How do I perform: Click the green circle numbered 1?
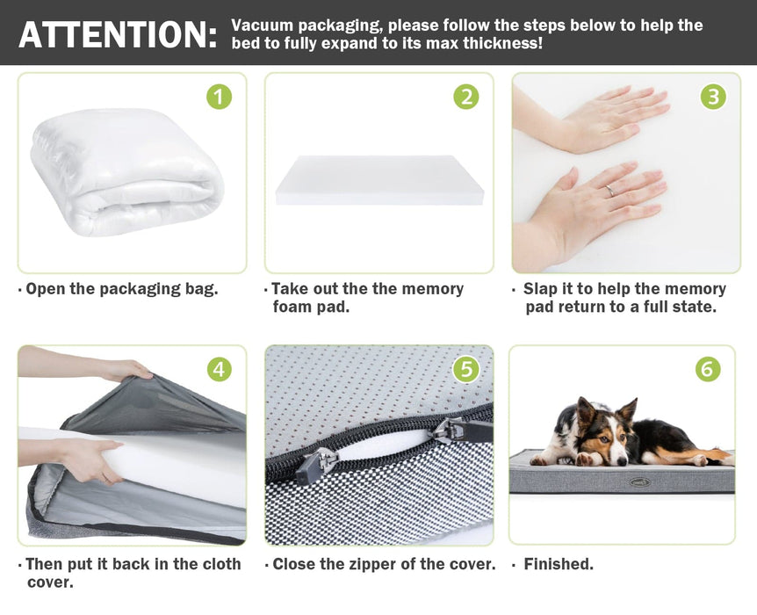(x=220, y=97)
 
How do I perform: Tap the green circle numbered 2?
(x=466, y=97)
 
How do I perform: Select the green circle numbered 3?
(x=713, y=97)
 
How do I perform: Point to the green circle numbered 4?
(x=220, y=369)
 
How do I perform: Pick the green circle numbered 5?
(x=466, y=369)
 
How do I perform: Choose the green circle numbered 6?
(x=708, y=369)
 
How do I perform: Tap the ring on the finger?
(x=610, y=191)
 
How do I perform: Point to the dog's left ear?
(x=628, y=410)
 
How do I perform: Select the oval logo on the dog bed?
(x=639, y=481)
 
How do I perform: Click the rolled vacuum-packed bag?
(x=126, y=172)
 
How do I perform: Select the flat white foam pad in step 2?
(x=379, y=180)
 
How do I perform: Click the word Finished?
(x=559, y=564)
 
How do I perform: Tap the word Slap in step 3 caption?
(x=541, y=289)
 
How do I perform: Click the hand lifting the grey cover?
(x=126, y=370)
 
